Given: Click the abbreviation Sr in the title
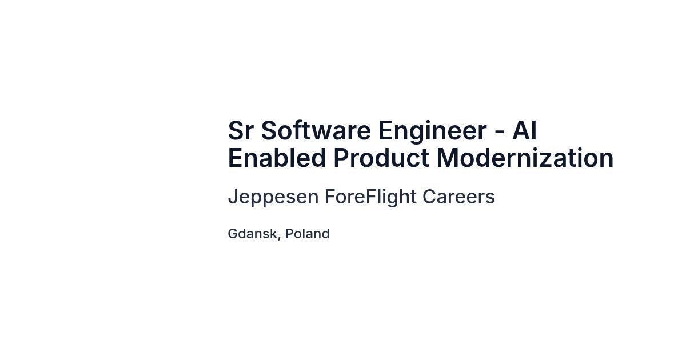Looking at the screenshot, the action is tap(241, 130).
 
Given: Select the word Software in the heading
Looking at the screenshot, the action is tap(316, 130).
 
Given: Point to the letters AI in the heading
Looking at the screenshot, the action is tap(524, 130).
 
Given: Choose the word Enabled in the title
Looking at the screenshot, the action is tap(277, 158).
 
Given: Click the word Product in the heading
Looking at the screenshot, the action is tap(381, 158).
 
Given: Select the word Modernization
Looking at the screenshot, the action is tap(525, 158).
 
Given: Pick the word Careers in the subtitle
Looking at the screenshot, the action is tap(458, 197).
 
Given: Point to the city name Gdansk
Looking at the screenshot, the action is tap(252, 234).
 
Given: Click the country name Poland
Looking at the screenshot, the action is tap(308, 234).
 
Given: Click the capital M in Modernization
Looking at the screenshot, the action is tap(447, 158).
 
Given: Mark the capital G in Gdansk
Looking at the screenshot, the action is tap(233, 234).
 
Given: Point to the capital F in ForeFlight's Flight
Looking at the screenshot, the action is tap(372, 197).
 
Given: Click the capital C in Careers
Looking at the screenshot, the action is tap(430, 197).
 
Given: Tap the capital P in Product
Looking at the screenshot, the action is tap(341, 158).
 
